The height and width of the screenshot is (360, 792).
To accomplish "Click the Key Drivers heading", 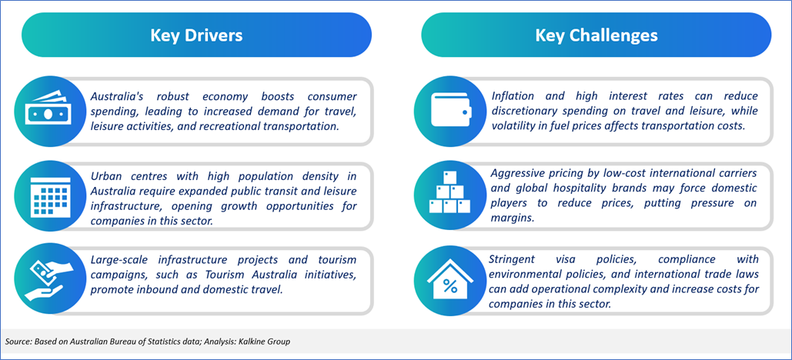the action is [196, 35].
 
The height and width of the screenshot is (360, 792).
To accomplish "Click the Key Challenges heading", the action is [596, 35].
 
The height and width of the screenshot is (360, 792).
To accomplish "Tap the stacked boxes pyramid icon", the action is [449, 192].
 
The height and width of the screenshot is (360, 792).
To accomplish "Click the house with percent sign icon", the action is [449, 282].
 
